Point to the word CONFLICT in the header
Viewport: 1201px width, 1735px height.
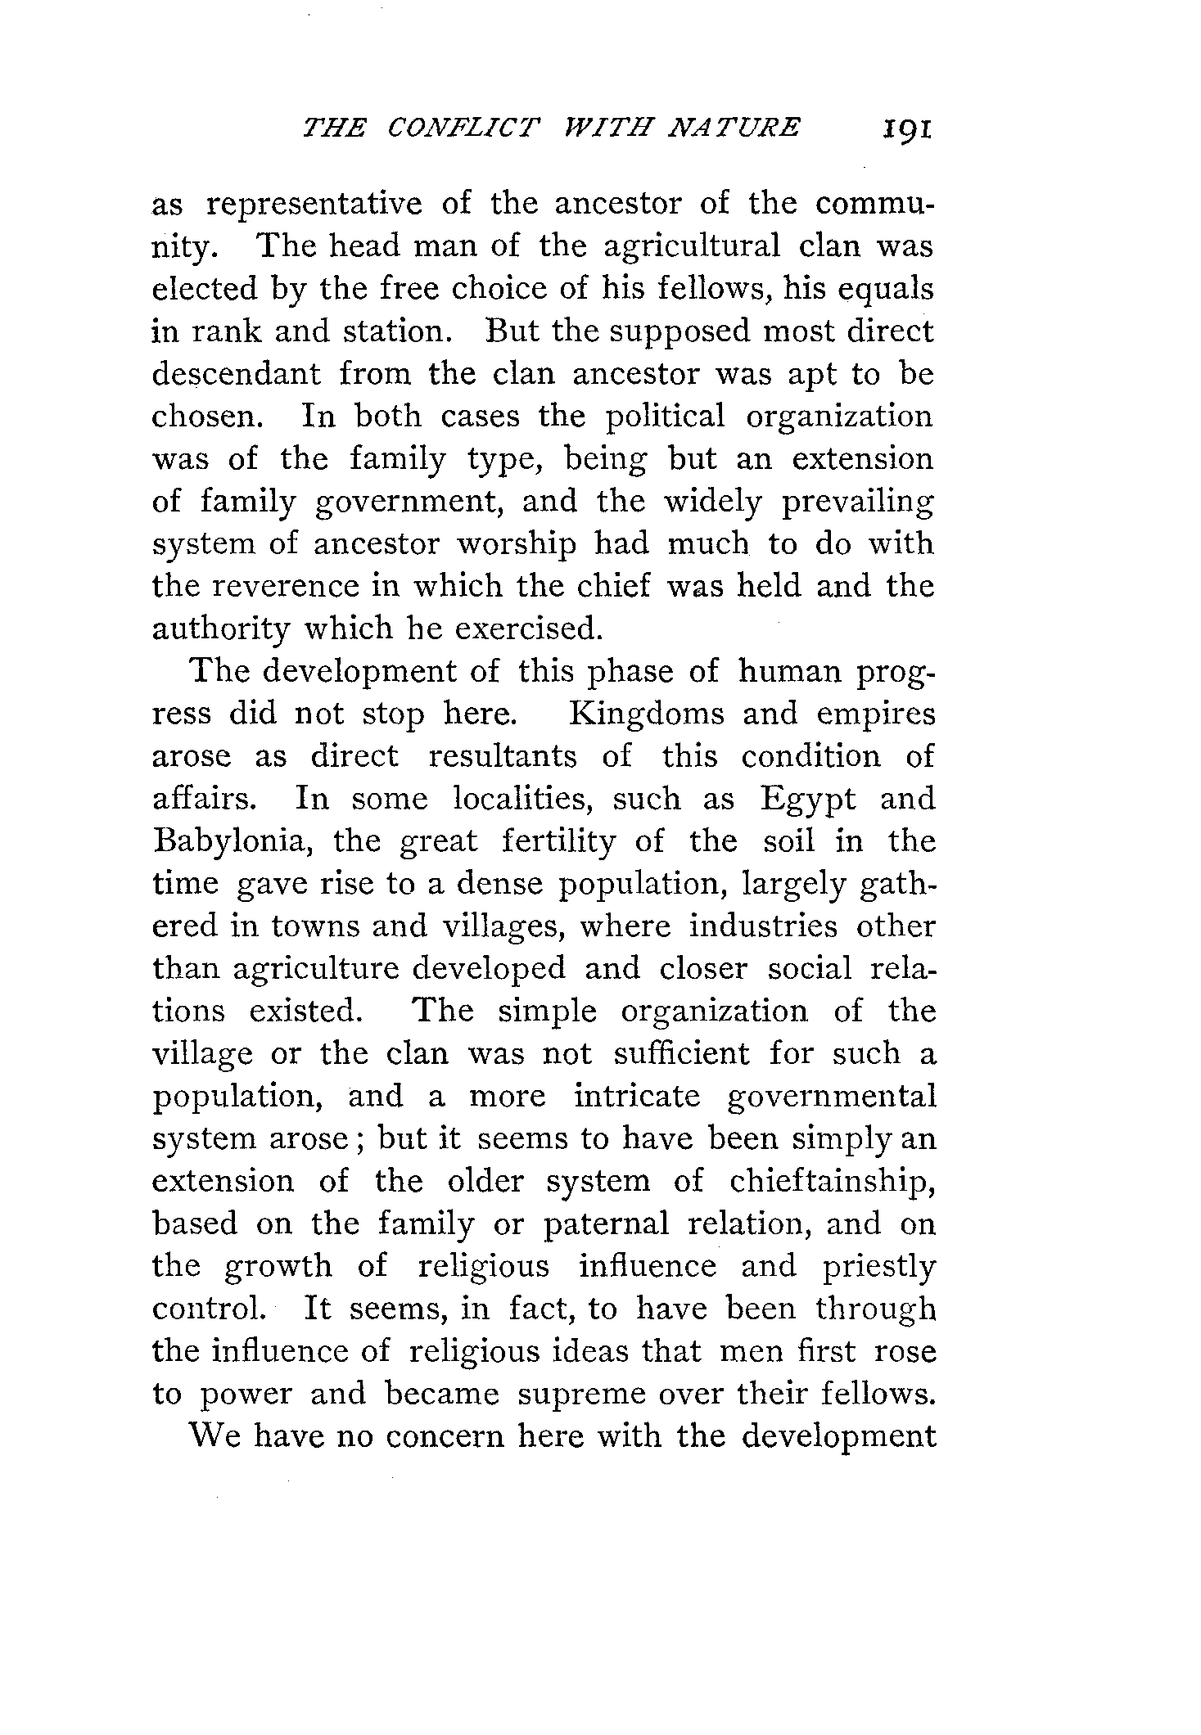(x=464, y=128)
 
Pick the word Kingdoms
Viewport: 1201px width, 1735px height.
(x=647, y=714)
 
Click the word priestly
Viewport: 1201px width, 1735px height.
(x=878, y=1266)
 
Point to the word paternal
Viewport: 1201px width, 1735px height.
(x=607, y=1224)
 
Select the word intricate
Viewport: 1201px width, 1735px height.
(x=637, y=1096)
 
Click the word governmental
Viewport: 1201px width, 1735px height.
(x=831, y=1097)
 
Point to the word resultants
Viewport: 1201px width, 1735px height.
(x=503, y=756)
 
